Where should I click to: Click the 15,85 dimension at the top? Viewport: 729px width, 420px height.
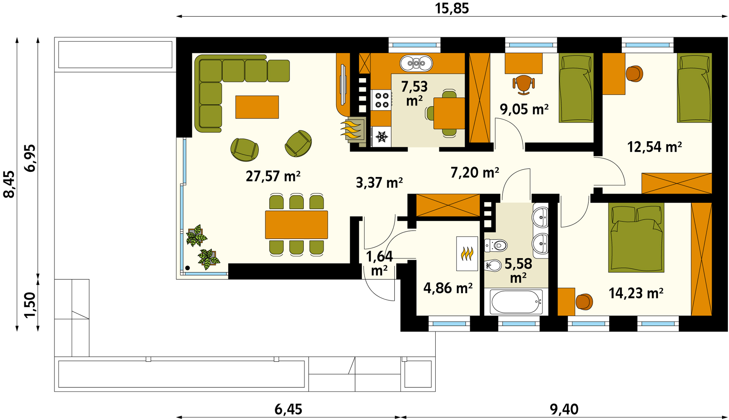(x=452, y=9)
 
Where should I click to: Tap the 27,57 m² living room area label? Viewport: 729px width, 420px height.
(x=273, y=176)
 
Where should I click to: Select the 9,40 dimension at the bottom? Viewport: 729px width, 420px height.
(x=564, y=409)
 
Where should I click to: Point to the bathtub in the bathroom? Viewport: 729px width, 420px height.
(x=516, y=302)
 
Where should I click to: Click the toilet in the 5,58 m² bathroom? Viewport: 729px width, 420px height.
(x=496, y=245)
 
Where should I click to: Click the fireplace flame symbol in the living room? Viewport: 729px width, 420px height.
(x=352, y=129)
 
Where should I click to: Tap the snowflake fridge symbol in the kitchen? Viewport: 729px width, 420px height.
(x=382, y=137)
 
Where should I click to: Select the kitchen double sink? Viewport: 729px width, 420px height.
(x=416, y=63)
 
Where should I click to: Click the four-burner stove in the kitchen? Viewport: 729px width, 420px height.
(x=381, y=100)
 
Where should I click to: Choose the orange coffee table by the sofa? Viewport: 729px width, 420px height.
(x=257, y=107)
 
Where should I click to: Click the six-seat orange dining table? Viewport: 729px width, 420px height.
(x=296, y=224)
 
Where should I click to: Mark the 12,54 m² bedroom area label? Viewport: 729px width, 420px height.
(x=654, y=147)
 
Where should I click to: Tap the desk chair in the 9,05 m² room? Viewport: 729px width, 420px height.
(x=523, y=85)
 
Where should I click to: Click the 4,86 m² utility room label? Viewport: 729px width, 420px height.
(x=448, y=288)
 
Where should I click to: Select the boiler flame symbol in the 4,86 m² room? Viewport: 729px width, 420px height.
(x=467, y=254)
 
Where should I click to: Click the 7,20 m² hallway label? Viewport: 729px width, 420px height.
(x=475, y=172)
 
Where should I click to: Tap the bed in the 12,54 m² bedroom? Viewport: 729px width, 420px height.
(x=694, y=88)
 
